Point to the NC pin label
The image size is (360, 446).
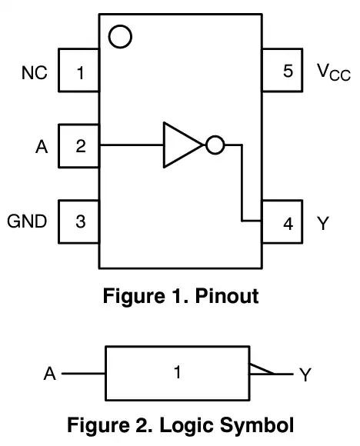(x=35, y=73)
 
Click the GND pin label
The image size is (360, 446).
(x=27, y=221)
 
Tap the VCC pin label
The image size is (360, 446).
(x=334, y=72)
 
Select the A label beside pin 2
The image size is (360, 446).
(x=42, y=147)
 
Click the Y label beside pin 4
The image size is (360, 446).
(x=323, y=223)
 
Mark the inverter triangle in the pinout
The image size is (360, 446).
(x=164, y=145)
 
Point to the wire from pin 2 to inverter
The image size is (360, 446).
(x=132, y=145)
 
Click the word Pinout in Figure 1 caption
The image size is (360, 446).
(x=227, y=296)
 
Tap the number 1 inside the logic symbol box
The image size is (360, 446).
(x=178, y=372)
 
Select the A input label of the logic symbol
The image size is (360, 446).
(x=50, y=374)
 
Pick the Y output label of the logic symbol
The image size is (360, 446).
(x=305, y=374)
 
